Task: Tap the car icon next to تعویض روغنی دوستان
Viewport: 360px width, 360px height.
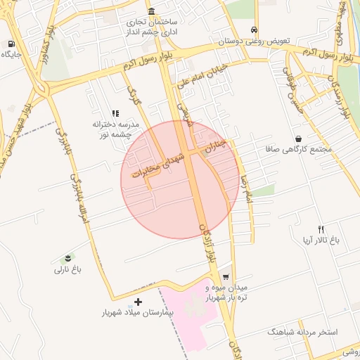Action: (x=254, y=30)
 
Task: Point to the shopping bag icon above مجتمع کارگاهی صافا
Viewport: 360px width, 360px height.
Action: (x=299, y=139)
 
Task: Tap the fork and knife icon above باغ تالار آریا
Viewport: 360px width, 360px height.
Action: (x=321, y=229)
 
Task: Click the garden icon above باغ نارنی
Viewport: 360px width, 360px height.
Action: (x=67, y=258)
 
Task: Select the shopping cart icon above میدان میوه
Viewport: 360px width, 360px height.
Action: (x=226, y=276)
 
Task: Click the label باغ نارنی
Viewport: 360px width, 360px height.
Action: (x=68, y=269)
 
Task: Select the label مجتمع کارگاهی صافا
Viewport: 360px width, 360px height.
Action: (x=298, y=150)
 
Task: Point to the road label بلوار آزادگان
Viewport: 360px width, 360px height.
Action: (x=209, y=245)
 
